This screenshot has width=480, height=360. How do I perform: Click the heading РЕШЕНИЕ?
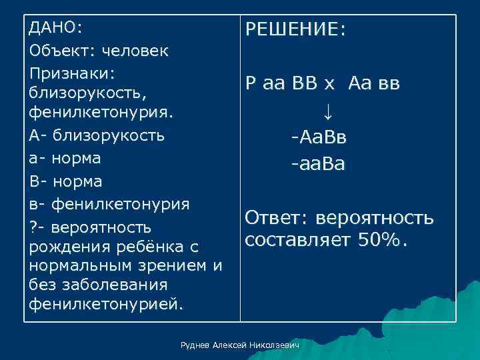point(295,30)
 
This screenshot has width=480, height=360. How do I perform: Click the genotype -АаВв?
point(318,137)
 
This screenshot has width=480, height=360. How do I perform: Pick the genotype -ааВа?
point(317,164)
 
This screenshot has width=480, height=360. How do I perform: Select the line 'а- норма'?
point(65,159)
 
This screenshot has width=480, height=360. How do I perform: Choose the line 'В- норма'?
point(65,181)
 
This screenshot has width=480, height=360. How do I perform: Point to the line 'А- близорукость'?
point(97,136)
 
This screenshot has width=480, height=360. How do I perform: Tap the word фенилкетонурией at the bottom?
point(105,305)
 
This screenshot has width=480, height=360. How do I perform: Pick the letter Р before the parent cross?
point(251,83)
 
